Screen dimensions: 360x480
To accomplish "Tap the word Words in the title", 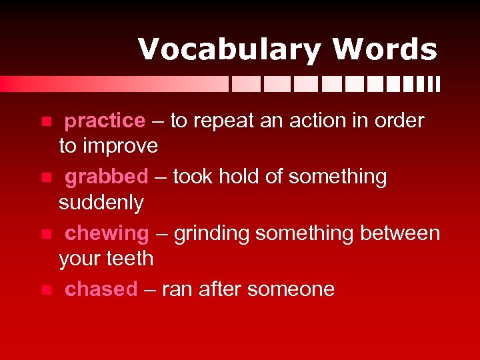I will coord(385,50).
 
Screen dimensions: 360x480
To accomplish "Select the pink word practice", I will coord(105,121).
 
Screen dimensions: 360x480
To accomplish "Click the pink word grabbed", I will coord(106,177).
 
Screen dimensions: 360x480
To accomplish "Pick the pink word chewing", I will coord(107,233).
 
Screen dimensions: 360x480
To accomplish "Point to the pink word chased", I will coord(101,289).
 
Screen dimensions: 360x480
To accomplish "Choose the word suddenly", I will coord(101,203).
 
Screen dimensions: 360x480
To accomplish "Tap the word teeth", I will coord(129,259).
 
